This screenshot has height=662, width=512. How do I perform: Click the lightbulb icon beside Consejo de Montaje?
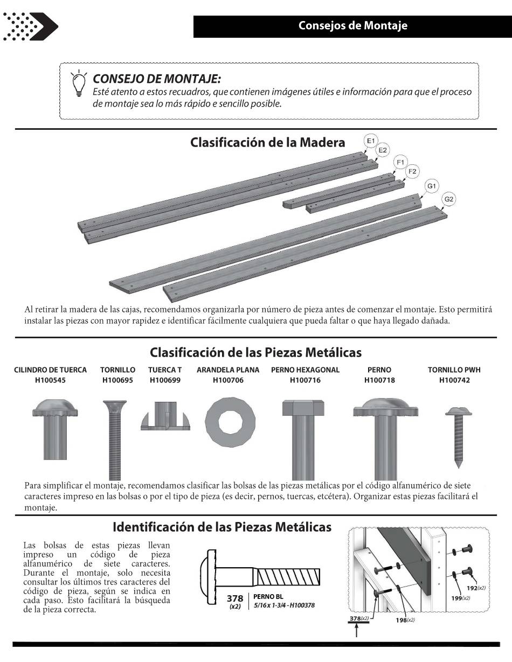pos(79,83)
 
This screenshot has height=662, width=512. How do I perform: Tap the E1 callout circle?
pos(370,141)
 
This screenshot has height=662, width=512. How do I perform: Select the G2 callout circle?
pos(448,199)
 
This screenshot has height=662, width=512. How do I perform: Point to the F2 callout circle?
pos(412,171)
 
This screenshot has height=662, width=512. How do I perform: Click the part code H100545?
pos(50,380)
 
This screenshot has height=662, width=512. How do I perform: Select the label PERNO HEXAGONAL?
pos(305,370)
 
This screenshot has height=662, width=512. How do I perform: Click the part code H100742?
pos(454,380)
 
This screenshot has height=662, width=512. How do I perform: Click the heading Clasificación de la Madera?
pos(267,143)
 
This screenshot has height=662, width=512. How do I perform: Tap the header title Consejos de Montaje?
pos(353,26)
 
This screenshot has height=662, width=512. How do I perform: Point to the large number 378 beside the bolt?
pos(235,598)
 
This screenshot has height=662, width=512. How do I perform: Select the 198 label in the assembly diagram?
pos(402,620)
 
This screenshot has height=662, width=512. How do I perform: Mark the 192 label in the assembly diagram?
pos(473,588)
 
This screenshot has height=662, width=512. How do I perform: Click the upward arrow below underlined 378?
pos(356,630)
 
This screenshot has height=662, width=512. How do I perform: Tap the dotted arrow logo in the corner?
pos(30,25)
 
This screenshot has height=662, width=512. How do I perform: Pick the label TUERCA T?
pos(165,370)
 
